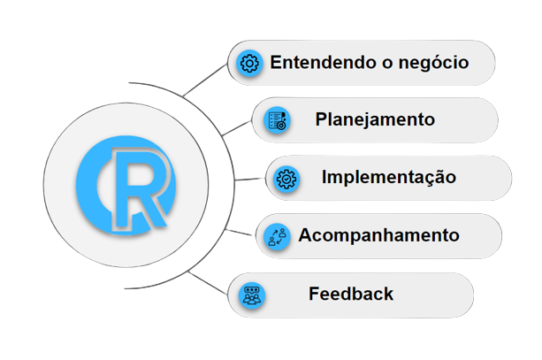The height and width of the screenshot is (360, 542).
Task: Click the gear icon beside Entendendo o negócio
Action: [249, 63]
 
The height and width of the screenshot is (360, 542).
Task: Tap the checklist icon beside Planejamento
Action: [276, 120]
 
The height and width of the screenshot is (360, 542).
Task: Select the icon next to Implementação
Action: [287, 178]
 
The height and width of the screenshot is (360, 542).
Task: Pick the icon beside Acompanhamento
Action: [276, 236]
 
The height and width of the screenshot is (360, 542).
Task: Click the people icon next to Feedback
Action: [250, 295]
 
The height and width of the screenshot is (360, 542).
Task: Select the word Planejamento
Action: [375, 120]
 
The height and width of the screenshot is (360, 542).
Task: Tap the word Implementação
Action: [389, 177]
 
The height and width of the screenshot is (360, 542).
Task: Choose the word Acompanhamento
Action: [378, 236]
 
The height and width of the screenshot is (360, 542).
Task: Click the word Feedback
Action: [351, 294]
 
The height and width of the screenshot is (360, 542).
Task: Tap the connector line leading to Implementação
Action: [252, 178]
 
